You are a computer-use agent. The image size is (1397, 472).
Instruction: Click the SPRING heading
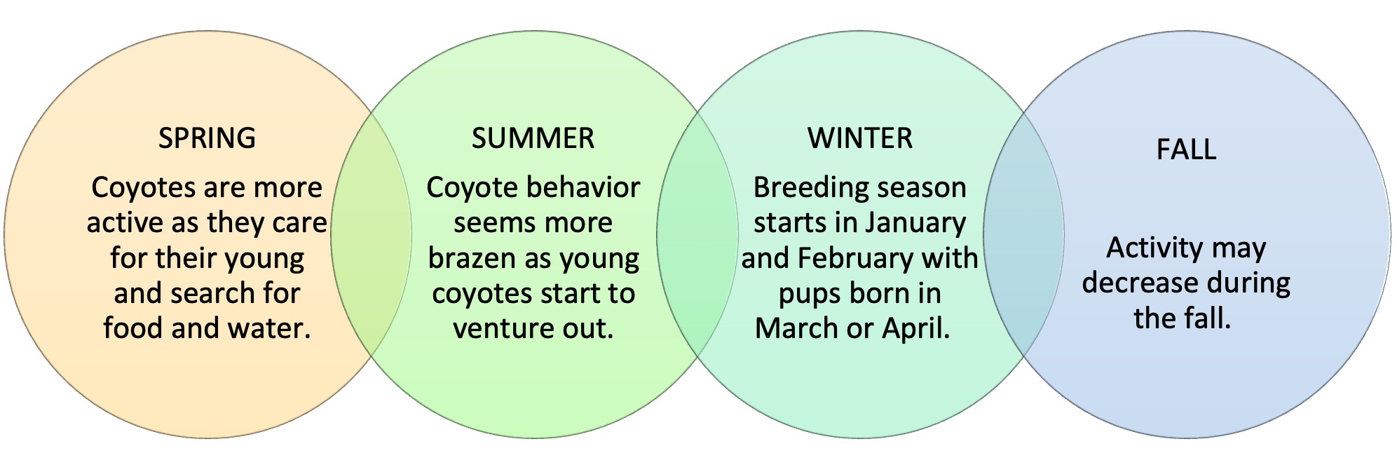tap(207, 138)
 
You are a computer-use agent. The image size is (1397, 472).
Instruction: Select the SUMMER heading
tap(533, 138)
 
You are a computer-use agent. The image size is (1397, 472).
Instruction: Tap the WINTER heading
tap(860, 138)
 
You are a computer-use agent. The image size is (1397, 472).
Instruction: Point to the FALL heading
tap(1186, 149)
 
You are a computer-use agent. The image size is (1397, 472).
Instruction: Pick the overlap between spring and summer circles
tap(371, 231)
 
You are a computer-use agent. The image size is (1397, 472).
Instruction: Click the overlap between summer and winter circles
tap(697, 231)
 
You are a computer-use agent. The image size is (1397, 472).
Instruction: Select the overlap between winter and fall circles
tap(1023, 231)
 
